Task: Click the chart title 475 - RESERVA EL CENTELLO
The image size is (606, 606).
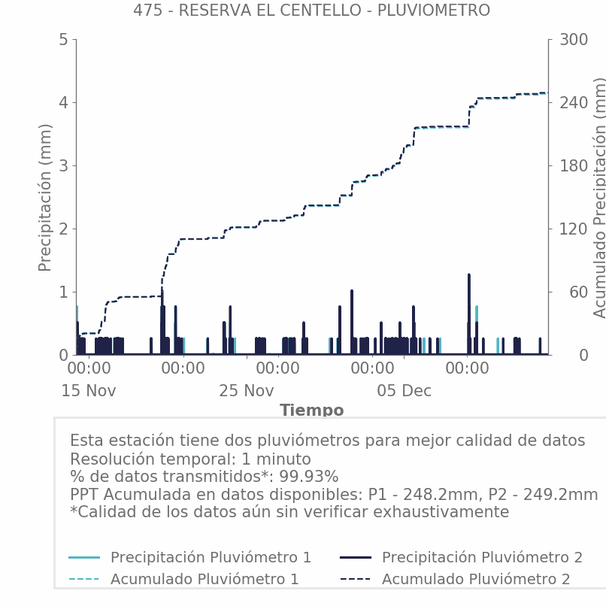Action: point(311,11)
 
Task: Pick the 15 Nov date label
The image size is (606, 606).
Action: point(89,391)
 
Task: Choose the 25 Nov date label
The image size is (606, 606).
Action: point(247,391)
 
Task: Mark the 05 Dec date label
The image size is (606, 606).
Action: point(405,391)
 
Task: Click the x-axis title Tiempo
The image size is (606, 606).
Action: point(311,411)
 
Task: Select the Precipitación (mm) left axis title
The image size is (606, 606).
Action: point(45,197)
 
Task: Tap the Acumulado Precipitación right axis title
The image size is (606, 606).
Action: point(599,197)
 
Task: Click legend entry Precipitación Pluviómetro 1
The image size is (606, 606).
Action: point(211,557)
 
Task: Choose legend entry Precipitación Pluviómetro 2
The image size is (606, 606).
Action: point(482,557)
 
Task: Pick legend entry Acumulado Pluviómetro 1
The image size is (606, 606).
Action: point(205,579)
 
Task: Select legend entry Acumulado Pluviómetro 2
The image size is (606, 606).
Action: point(476,579)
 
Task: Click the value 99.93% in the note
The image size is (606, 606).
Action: point(309,477)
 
